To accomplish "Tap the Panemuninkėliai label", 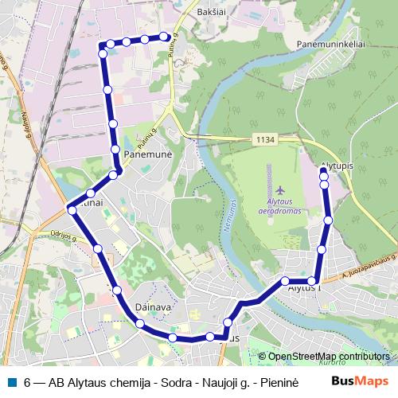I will coord(330,44).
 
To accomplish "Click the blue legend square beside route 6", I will coord(12,380).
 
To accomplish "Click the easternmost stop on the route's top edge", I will coord(165,36).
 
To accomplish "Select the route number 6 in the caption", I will coord(28,381).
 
